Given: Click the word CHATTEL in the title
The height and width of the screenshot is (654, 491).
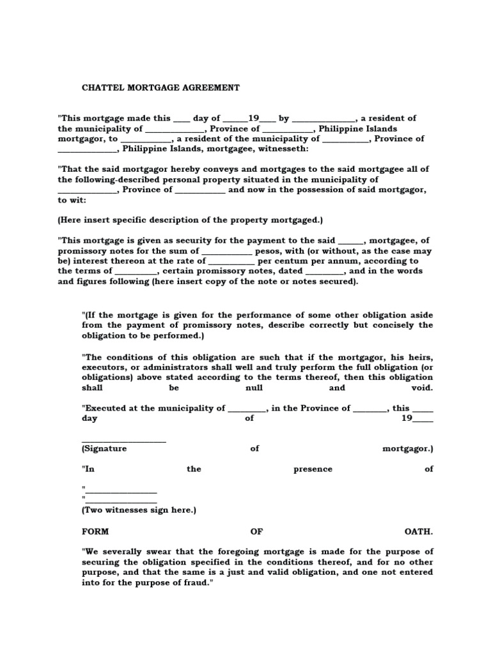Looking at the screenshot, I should pyautogui.click(x=104, y=87).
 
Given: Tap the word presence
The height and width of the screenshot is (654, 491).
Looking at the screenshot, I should pyautogui.click(x=313, y=469).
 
